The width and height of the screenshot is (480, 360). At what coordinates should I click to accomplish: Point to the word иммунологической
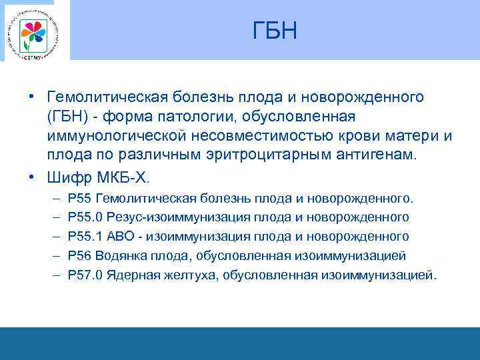tap(118, 136)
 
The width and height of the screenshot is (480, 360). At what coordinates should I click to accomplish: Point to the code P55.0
tap(85, 217)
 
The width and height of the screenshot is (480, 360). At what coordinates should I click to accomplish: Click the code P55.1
tap(85, 237)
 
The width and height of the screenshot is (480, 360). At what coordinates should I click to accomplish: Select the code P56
tap(80, 256)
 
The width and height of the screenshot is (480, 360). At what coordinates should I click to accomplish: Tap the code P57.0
tap(85, 275)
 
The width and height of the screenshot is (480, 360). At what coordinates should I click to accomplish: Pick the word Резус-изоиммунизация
tap(167, 217)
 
